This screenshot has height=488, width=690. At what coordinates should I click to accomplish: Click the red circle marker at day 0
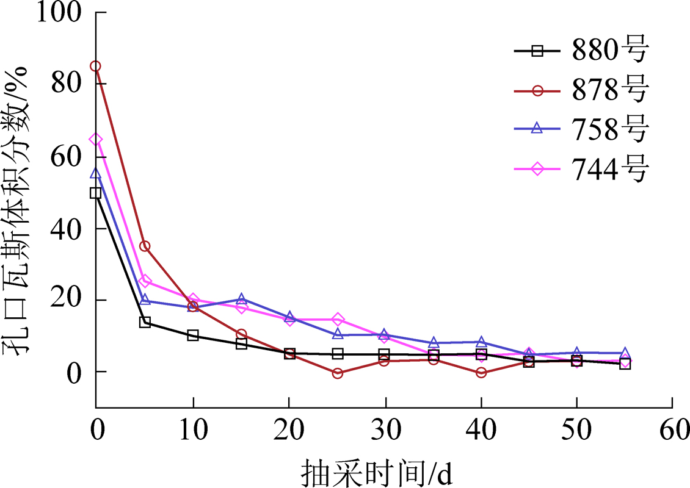(x=96, y=66)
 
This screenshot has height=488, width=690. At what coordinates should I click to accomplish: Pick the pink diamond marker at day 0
(x=96, y=140)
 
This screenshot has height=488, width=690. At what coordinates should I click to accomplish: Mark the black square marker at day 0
(x=96, y=193)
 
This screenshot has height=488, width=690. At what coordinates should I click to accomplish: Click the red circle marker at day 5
(x=145, y=246)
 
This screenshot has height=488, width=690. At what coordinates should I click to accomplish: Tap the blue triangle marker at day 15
(x=241, y=299)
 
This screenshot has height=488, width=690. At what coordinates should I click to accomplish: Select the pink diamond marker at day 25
(x=338, y=320)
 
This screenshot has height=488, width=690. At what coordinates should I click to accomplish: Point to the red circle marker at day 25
(x=338, y=373)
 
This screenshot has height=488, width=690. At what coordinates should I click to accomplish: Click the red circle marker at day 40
(x=481, y=373)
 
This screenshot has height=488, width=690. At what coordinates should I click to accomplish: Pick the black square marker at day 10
(x=193, y=335)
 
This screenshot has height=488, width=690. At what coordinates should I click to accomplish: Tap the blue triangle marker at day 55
(x=625, y=353)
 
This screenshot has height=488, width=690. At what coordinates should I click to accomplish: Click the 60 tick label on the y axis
(x=67, y=156)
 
